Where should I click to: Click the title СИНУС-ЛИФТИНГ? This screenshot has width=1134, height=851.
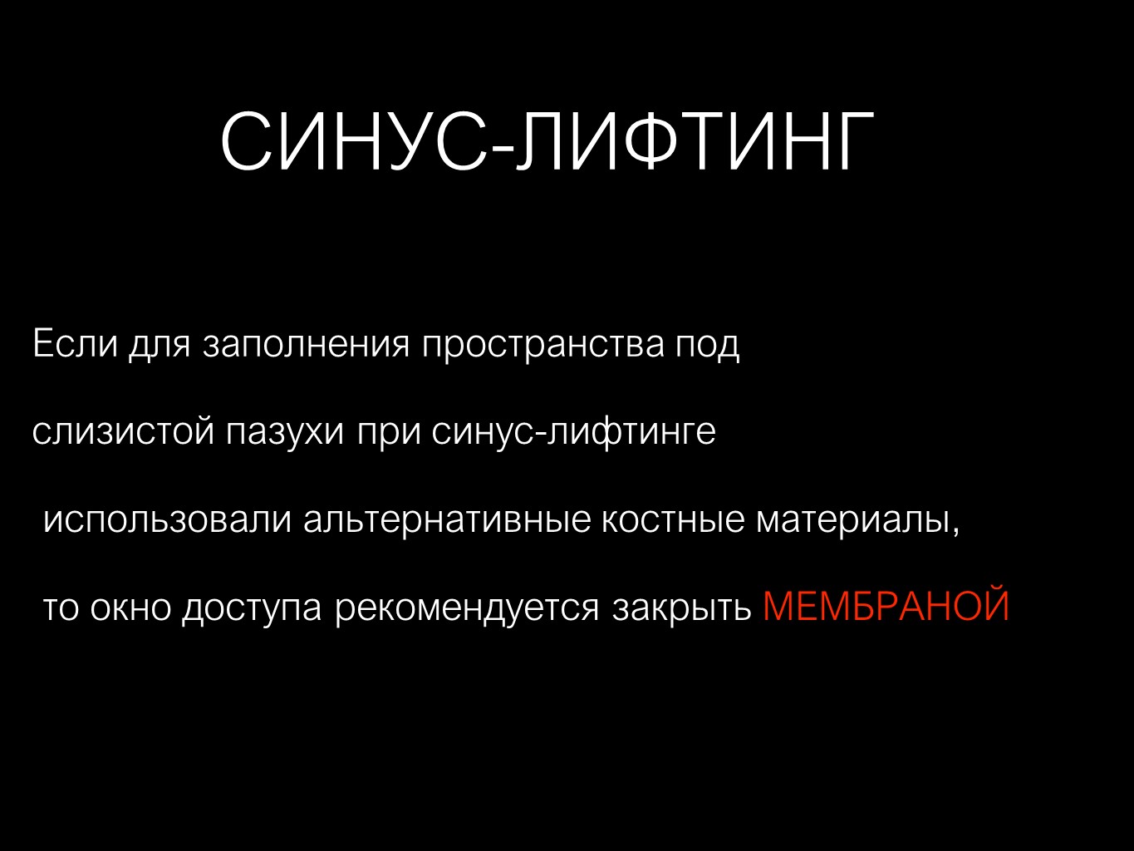pyautogui.click(x=547, y=141)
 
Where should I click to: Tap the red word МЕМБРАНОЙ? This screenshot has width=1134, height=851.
pyautogui.click(x=886, y=605)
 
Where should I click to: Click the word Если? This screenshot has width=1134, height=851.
pyautogui.click(x=76, y=342)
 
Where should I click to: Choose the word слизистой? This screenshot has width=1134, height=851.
pyautogui.click(x=123, y=431)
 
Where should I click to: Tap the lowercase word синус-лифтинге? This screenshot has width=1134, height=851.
pyautogui.click(x=573, y=432)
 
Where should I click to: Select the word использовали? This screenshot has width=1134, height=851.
pyautogui.click(x=168, y=520)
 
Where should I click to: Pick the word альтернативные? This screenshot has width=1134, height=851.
pyautogui.click(x=447, y=520)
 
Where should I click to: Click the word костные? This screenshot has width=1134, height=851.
pyautogui.click(x=673, y=520)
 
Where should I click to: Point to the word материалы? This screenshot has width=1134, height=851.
pyautogui.click(x=853, y=520)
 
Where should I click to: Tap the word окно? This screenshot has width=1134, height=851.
pyautogui.click(x=130, y=608)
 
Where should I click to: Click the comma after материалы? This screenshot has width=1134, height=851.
pyautogui.click(x=955, y=532)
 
